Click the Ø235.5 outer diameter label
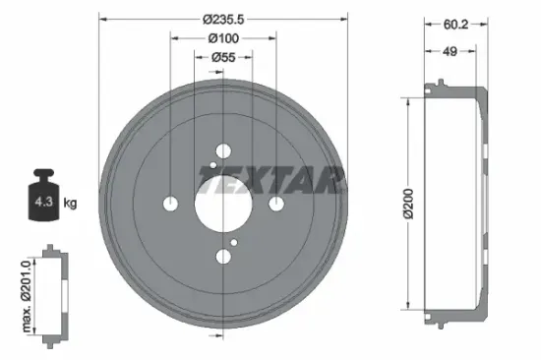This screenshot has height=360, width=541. tap(223, 19)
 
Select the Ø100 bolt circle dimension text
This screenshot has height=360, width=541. tap(223, 38)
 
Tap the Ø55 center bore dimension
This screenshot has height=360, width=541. tap(223, 58)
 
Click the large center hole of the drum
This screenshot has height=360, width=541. tap(223, 204)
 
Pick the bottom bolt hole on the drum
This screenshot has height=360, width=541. tap(223, 257)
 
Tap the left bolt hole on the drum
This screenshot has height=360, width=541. tap(170, 204)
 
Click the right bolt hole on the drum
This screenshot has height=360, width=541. tap(276, 204)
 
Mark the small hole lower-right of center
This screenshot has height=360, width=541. tap(234, 242)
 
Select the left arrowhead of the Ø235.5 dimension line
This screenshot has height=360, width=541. tap(102, 19)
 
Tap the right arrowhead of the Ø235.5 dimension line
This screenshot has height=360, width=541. tap(344, 19)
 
